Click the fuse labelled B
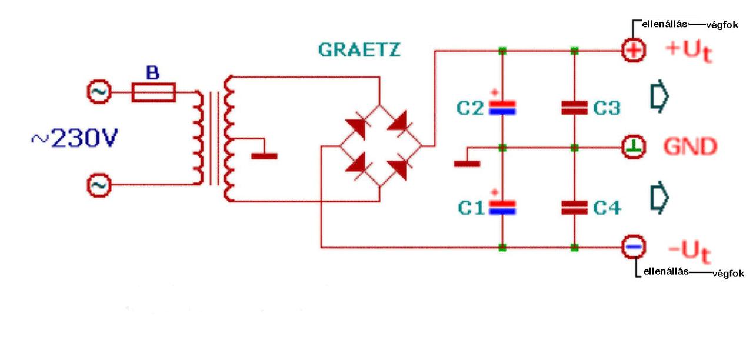click(153, 93)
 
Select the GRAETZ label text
click(359, 49)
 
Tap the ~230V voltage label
click(74, 139)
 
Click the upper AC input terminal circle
click(97, 92)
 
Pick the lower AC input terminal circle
click(97, 185)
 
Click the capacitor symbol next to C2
click(502, 107)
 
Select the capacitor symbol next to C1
click(502, 206)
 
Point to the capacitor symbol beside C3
click(575, 107)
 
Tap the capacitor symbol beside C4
click(575, 206)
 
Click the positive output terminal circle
click(634, 51)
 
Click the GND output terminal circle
click(634, 146)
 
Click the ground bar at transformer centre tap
click(264, 156)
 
